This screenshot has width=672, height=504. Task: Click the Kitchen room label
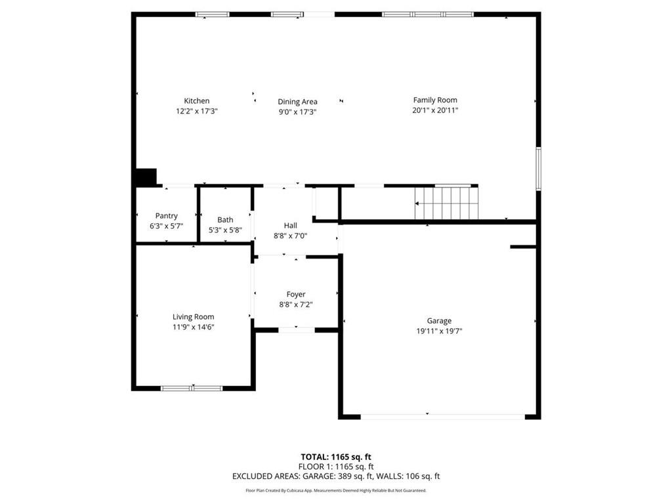click(196, 100)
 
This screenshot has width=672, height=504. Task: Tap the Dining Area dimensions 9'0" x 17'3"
click(297, 112)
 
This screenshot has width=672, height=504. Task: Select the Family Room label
click(434, 100)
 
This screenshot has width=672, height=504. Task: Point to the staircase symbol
click(446, 203)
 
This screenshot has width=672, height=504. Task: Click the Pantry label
click(166, 216)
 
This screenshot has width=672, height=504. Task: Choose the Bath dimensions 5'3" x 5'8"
click(225, 230)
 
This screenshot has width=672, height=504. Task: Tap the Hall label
click(290, 225)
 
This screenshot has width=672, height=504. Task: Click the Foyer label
click(295, 294)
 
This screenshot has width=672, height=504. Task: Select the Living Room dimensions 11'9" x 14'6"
click(193, 327)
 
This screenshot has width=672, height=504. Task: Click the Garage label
click(439, 321)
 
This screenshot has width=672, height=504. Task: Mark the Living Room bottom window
click(192, 388)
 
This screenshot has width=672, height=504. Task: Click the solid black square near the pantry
click(145, 178)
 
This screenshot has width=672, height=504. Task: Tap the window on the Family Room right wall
click(538, 169)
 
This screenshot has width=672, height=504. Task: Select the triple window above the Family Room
click(427, 14)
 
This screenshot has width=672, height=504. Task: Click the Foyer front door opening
click(297, 329)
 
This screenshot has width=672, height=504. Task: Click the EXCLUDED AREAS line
click(335, 476)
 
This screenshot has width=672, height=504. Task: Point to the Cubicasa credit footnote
click(335, 490)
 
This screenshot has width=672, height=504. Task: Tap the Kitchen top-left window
click(212, 14)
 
